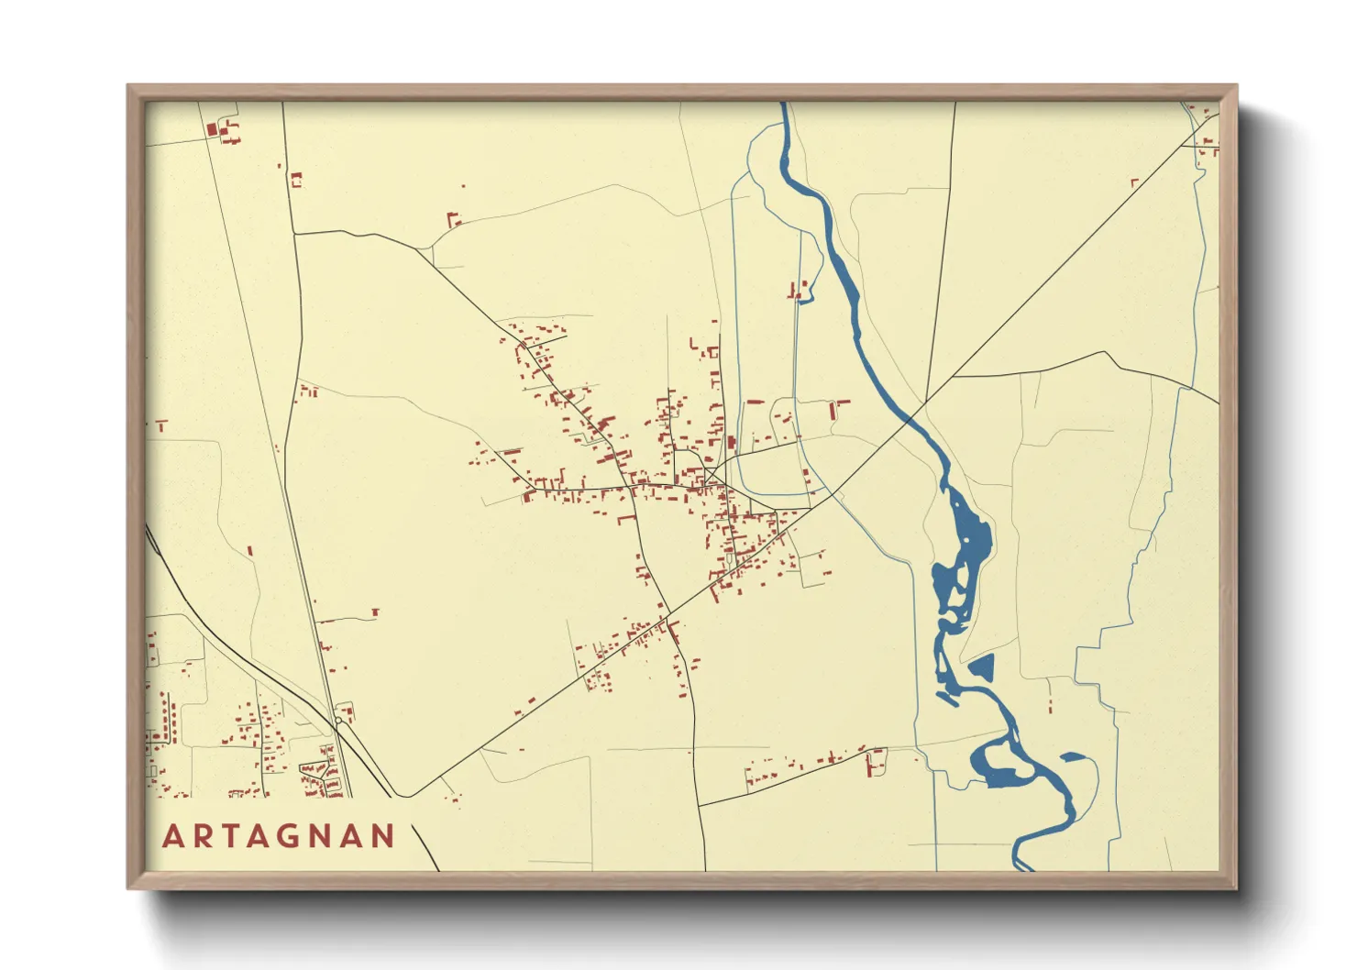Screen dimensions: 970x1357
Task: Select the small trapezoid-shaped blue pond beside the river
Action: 982,667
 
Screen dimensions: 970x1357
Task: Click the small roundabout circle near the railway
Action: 338,722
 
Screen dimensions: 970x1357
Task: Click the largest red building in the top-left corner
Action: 213,130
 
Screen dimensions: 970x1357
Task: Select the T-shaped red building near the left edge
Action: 161,425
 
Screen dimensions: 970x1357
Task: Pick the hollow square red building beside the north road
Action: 296,180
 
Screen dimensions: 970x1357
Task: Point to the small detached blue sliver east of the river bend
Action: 1074,757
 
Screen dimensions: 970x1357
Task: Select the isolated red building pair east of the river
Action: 1050,702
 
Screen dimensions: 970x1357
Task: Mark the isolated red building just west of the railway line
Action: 249,551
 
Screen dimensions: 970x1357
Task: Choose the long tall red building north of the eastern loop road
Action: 833,409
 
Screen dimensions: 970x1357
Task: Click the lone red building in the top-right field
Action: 1134,183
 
